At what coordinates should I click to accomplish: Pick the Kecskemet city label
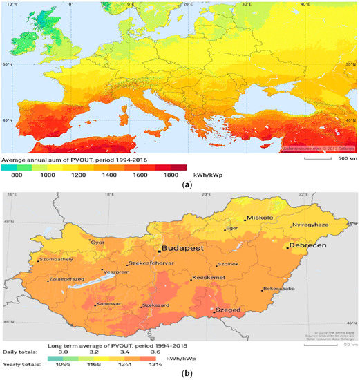click(211, 277)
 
